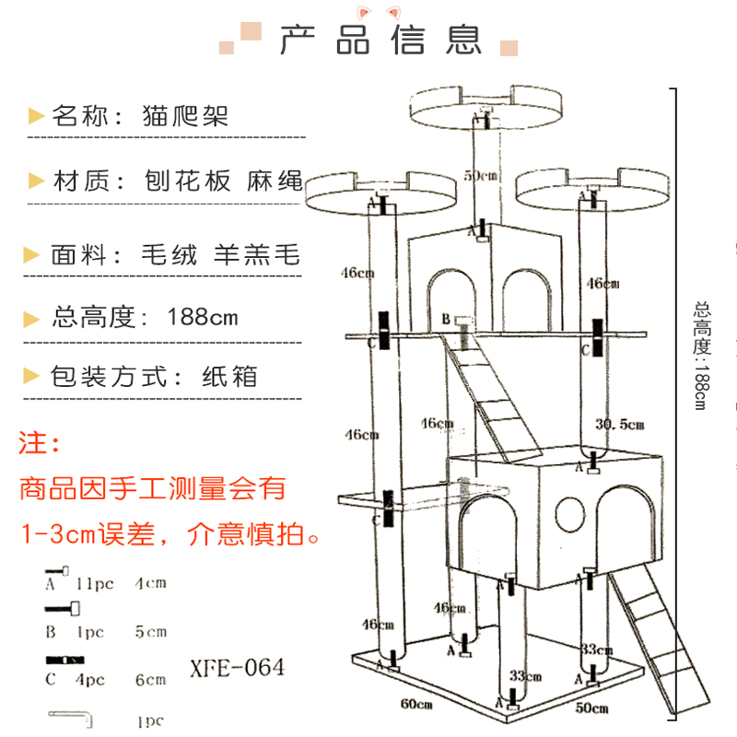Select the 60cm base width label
[416, 705]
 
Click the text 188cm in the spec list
[203, 318]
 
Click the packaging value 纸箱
[229, 377]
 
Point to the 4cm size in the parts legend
[150, 583]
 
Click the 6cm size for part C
[149, 680]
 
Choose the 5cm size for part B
[150, 632]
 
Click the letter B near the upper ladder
[445, 319]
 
